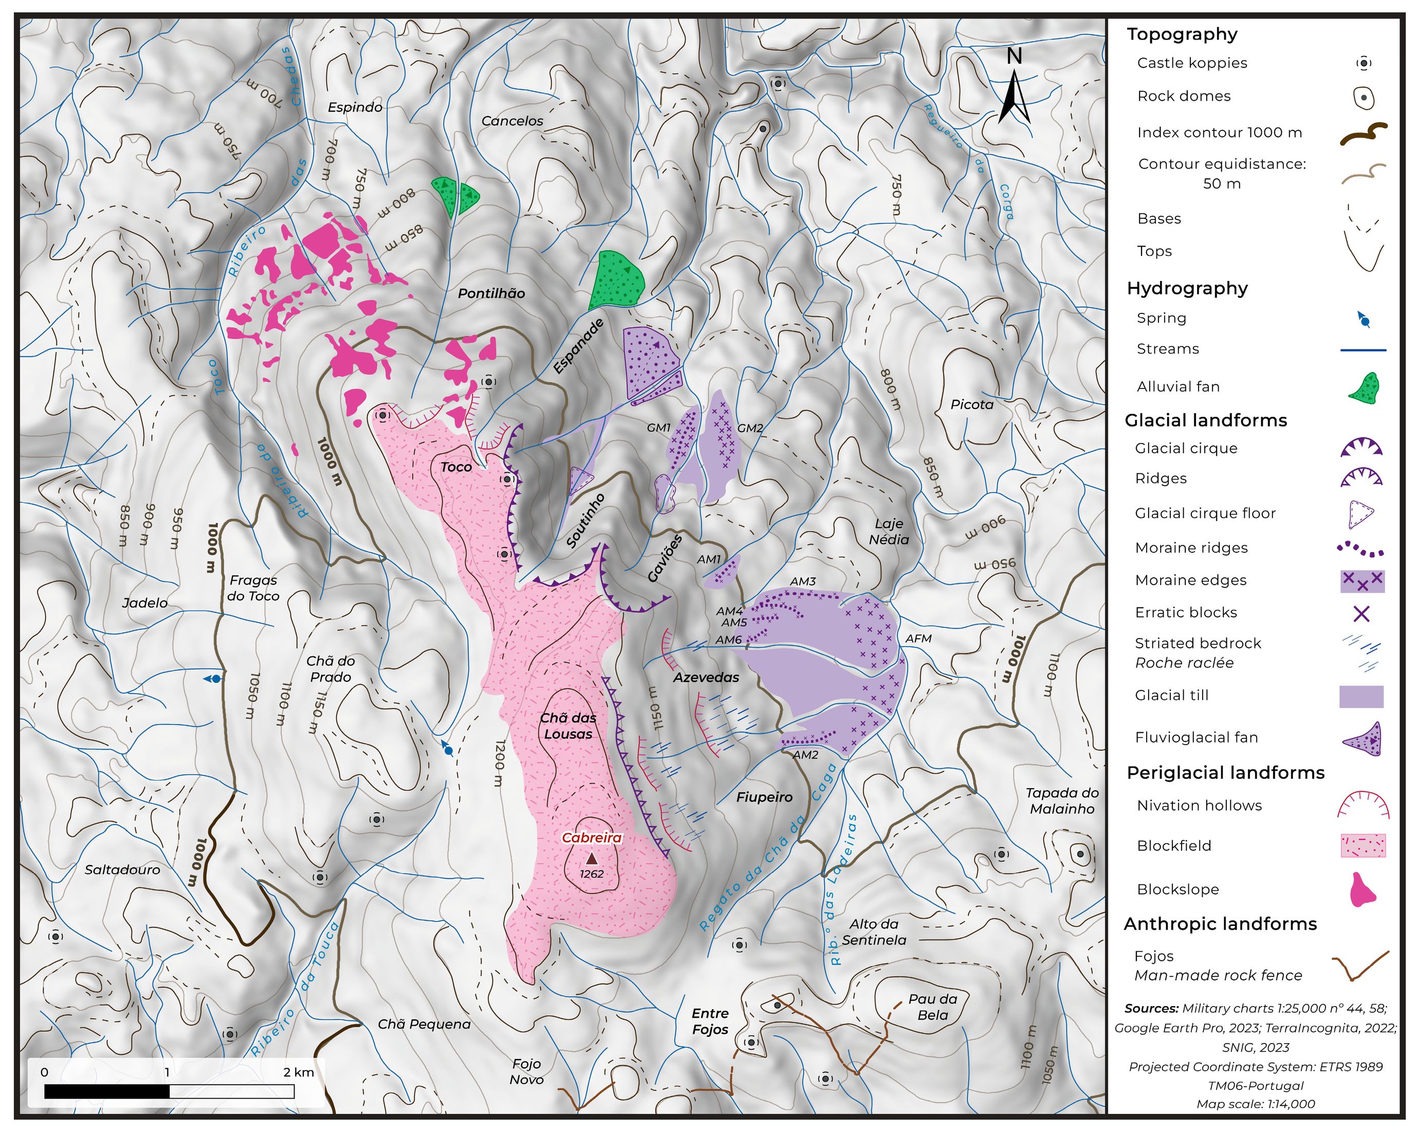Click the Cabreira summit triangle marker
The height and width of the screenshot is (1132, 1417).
[592, 858]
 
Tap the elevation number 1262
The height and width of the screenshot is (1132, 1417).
[592, 874]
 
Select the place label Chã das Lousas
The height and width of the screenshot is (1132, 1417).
[568, 726]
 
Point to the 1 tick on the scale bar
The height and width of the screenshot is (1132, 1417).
[167, 1072]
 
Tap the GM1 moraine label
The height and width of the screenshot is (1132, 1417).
[658, 428]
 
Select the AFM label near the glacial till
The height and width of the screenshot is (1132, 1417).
[918, 639]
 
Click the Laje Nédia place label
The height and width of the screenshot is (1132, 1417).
[889, 531]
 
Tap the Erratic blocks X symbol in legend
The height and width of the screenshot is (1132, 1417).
[1361, 614]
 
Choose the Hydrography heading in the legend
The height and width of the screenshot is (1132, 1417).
[1187, 288]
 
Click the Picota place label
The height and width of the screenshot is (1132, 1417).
[971, 405]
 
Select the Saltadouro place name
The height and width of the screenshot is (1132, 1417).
[122, 870]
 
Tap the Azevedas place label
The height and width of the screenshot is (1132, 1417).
[706, 677]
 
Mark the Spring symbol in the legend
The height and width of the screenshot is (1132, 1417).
[1364, 320]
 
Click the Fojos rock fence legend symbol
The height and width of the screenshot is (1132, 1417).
[1360, 966]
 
